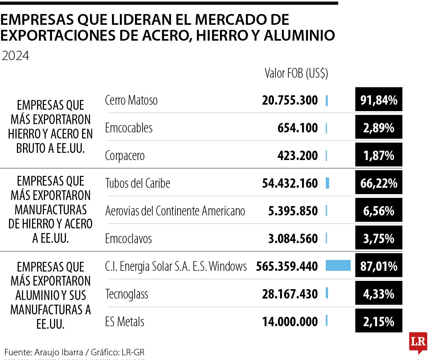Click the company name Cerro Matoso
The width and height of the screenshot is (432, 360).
[131, 100]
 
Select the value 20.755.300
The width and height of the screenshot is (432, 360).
[290, 100]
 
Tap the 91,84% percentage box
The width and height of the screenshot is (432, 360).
[378, 100]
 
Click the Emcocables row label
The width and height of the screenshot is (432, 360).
[129, 128]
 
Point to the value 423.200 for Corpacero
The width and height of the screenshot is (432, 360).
[297, 156]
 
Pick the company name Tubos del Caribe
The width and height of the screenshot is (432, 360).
[138, 183]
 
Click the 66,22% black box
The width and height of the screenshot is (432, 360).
[378, 183]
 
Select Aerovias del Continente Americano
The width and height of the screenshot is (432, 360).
[175, 211]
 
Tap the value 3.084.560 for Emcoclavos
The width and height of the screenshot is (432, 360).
[293, 238]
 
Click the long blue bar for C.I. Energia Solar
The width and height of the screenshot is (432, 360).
[338, 266]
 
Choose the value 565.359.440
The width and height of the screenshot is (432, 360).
[287, 266]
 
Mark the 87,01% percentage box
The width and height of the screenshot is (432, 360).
[378, 266]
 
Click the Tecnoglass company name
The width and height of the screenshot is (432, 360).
[127, 294]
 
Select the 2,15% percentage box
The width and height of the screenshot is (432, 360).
[378, 321]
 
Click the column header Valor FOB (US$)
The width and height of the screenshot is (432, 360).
[296, 73]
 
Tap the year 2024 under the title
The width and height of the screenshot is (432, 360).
[15, 56]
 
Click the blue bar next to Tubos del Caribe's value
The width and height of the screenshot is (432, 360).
[327, 183]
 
